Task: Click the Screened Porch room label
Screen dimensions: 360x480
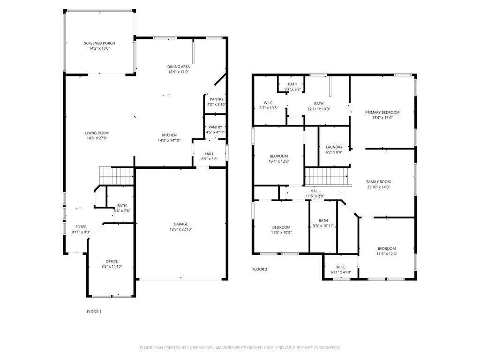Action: tap(99, 43)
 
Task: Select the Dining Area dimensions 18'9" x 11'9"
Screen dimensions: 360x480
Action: tap(179, 72)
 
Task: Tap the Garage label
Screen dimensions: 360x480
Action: tap(181, 224)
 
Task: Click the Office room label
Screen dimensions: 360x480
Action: tap(112, 261)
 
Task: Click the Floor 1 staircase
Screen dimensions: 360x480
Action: tap(117, 177)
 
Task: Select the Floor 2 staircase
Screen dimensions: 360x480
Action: tap(328, 177)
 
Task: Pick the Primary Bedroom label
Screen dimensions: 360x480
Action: tap(382, 112)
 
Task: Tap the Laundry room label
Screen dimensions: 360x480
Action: tap(334, 147)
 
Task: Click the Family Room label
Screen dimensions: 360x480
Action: tap(378, 182)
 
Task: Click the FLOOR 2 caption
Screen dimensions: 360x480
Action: tap(260, 269)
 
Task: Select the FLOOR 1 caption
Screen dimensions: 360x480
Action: tap(94, 312)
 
